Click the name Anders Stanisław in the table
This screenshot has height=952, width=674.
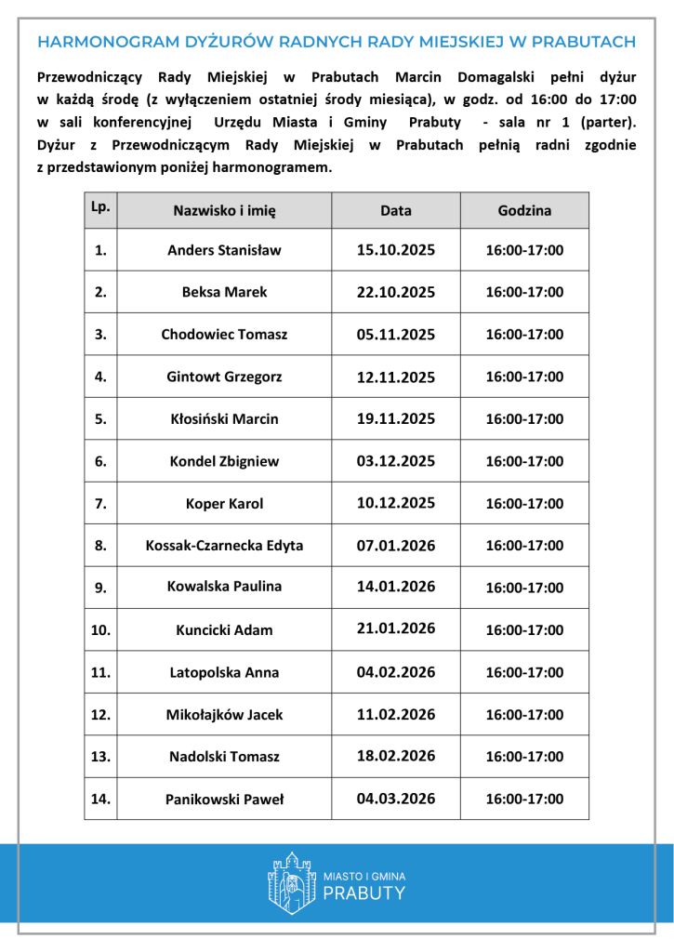[224, 250]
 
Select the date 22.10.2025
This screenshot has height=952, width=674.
[396, 292]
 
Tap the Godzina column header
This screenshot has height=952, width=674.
[524, 211]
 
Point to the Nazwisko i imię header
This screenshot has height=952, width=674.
[224, 211]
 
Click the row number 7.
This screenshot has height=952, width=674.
[100, 503]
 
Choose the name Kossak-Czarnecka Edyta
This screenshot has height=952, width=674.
[224, 546]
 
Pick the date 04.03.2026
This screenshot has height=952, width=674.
[396, 798]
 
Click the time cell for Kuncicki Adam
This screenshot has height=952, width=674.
[524, 630]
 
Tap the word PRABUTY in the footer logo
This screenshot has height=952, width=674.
[364, 893]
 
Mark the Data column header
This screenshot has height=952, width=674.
[396, 211]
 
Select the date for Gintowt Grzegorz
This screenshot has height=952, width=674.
[396, 377]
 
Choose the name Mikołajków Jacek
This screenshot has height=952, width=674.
[224, 715]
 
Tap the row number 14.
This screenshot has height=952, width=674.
[100, 798]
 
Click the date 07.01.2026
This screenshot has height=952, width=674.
[396, 545]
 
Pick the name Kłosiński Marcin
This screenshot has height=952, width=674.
[224, 419]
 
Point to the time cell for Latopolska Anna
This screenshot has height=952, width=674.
[524, 672]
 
